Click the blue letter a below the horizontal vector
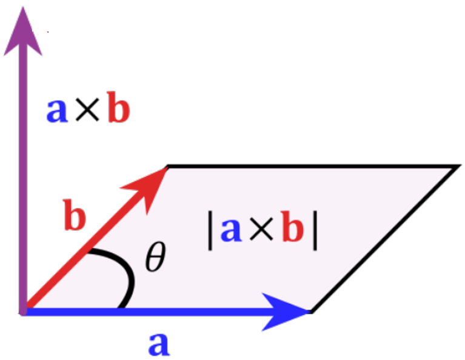point(158,344)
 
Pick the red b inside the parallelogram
point(293,231)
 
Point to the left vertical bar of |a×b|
point(210,232)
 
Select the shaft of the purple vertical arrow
point(24,182)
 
